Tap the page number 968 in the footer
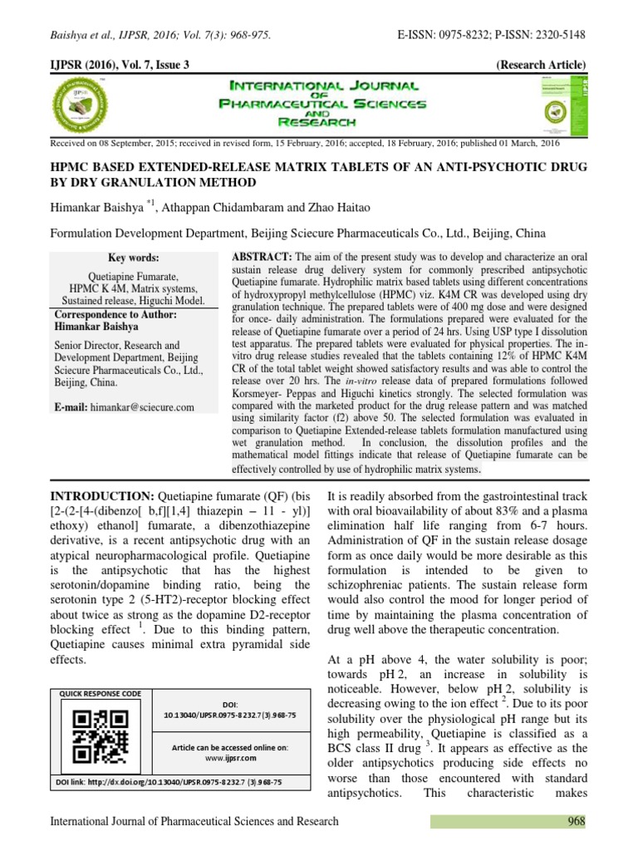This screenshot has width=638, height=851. point(573,821)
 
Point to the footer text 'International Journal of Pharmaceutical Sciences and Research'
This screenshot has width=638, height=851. point(194,821)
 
